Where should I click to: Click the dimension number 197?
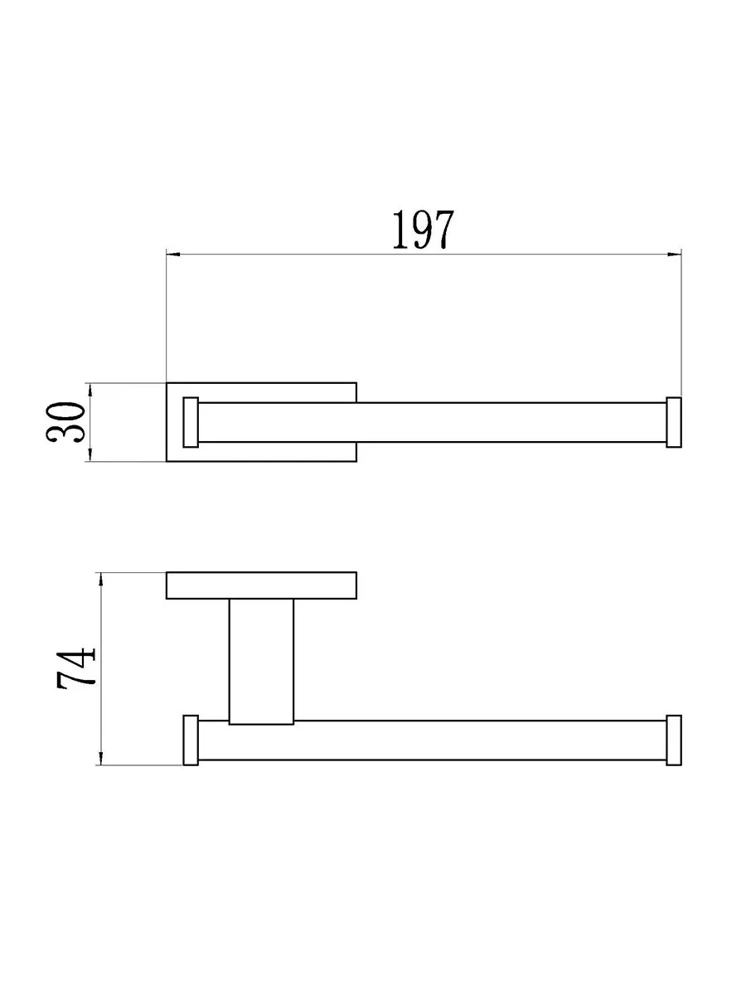pyautogui.click(x=423, y=230)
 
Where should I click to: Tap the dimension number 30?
pyautogui.click(x=65, y=421)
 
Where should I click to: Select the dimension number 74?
pyautogui.click(x=76, y=667)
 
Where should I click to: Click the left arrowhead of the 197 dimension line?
pyautogui.click(x=173, y=255)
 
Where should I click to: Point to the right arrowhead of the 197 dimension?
pyautogui.click(x=675, y=255)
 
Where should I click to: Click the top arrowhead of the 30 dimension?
pyautogui.click(x=90, y=390)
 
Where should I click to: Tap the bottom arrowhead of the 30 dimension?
pyautogui.click(x=90, y=454)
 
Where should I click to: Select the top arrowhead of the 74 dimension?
pyautogui.click(x=101, y=580)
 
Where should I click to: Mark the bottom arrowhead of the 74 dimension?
pyautogui.click(x=101, y=759)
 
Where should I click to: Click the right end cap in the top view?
pyautogui.click(x=674, y=423)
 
